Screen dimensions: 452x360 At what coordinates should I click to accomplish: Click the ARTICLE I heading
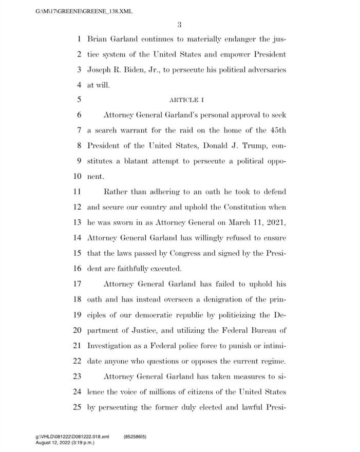(x=187, y=100)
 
